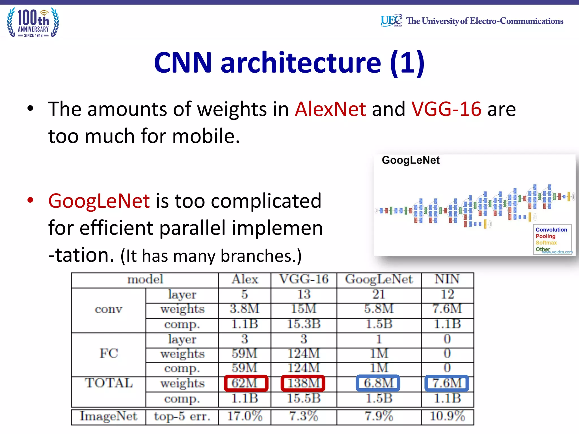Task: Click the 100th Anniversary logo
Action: click(x=33, y=23)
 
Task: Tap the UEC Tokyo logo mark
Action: click(x=391, y=20)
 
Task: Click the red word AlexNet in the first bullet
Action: click(x=330, y=109)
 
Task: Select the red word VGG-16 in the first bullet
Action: click(x=446, y=109)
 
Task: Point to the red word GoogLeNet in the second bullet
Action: click(x=99, y=201)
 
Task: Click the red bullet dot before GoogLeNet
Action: click(x=30, y=200)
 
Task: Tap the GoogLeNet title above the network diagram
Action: click(x=411, y=160)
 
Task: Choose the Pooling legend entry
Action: click(x=545, y=236)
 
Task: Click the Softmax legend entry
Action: click(x=546, y=243)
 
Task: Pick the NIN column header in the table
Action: click(x=447, y=279)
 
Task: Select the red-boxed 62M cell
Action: click(x=245, y=383)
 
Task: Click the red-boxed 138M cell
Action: click(x=303, y=383)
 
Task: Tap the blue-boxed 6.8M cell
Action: click(x=378, y=383)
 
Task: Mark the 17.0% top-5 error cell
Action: click(x=245, y=416)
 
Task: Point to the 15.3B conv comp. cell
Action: click(x=304, y=324)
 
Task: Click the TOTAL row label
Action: click(x=109, y=383)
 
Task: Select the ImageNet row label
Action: click(x=109, y=416)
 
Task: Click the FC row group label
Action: click(x=109, y=353)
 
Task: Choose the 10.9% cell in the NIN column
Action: click(x=447, y=416)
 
